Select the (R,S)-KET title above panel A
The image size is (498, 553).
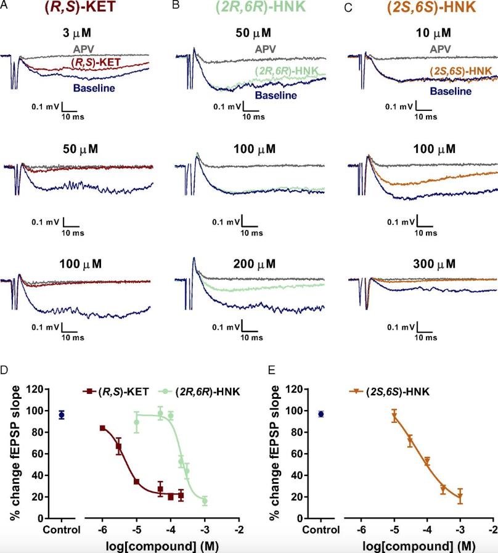pos(82,10)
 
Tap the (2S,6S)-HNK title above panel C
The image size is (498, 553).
pos(421,10)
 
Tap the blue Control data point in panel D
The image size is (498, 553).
pos(62,415)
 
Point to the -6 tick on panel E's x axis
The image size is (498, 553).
pos(361,530)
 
